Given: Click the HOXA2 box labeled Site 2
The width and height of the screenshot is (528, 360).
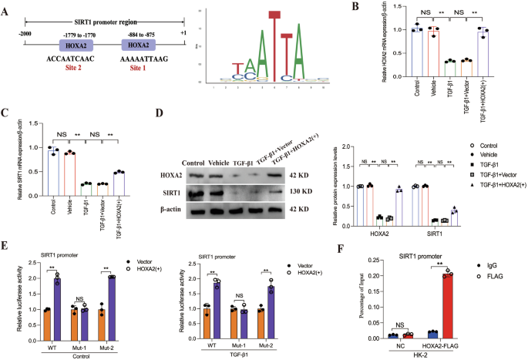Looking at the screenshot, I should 76,47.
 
